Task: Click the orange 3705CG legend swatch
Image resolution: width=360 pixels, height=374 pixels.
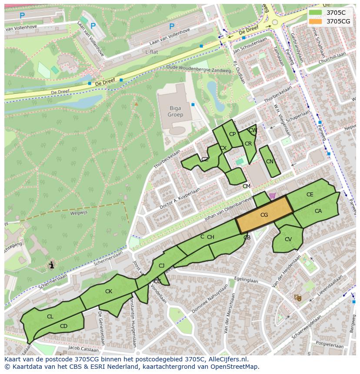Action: tap(316, 21)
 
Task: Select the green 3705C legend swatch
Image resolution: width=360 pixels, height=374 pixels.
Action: tap(316, 13)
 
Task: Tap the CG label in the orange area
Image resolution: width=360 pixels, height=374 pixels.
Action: tap(264, 215)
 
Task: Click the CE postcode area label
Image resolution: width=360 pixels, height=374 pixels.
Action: tap(310, 195)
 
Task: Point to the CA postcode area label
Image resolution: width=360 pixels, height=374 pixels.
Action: tap(318, 211)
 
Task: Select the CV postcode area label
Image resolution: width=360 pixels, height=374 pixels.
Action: tap(288, 239)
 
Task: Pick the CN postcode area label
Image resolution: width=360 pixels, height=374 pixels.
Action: tap(270, 162)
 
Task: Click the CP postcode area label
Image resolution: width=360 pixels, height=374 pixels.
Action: tap(232, 134)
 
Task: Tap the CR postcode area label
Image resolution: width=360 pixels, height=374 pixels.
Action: tap(248, 144)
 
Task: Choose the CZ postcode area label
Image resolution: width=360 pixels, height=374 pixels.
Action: tap(205, 159)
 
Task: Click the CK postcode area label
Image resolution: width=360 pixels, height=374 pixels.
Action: tap(109, 291)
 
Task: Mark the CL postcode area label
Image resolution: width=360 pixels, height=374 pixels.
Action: tap(50, 317)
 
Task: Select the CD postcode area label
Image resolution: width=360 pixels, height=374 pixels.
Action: tap(63, 326)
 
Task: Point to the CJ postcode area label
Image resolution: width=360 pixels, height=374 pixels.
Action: tap(161, 266)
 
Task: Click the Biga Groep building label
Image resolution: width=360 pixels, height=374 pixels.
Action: tap(175, 112)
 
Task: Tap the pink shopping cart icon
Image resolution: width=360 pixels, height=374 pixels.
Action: tap(272, 195)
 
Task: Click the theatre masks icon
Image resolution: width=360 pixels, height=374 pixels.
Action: tap(298, 298)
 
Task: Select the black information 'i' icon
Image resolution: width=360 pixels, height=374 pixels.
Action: tap(52, 265)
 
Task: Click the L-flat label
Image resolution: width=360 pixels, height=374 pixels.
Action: tap(151, 52)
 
